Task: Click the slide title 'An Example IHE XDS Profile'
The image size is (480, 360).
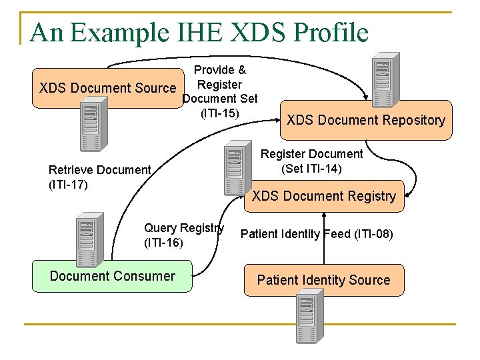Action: tap(199, 32)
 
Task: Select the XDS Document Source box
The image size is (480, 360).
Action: tap(107, 88)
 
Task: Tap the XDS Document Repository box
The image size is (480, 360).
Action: tap(365, 120)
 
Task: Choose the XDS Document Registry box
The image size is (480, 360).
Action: tap(324, 196)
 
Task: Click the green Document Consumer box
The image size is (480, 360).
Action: tap(112, 276)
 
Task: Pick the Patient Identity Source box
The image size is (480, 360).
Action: tap(323, 280)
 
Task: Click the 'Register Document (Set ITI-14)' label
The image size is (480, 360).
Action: tap(311, 161)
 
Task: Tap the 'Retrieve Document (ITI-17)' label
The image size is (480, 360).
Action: tap(100, 177)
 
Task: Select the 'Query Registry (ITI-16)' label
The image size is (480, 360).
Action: tap(183, 235)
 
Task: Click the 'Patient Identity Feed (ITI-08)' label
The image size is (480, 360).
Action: tap(317, 234)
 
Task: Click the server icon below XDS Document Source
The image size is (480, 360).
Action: tap(91, 125)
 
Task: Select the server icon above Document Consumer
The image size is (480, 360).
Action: tap(87, 237)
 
